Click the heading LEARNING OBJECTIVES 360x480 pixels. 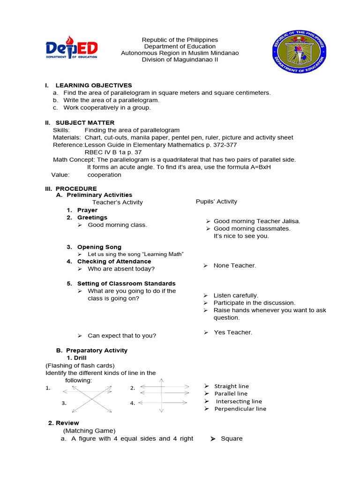[x=94, y=85]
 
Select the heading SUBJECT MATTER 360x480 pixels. [x=85, y=123]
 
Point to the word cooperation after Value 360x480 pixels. [x=104, y=175]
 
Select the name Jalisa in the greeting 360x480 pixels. [x=290, y=221]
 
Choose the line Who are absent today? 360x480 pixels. [x=121, y=269]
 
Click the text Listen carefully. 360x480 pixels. [x=236, y=296]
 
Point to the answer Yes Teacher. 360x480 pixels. [x=232, y=332]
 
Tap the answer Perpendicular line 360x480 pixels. [x=240, y=409]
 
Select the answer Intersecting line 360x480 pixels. [x=239, y=401]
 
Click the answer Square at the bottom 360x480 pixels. [x=232, y=439]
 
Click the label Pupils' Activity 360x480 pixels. [x=217, y=202]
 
